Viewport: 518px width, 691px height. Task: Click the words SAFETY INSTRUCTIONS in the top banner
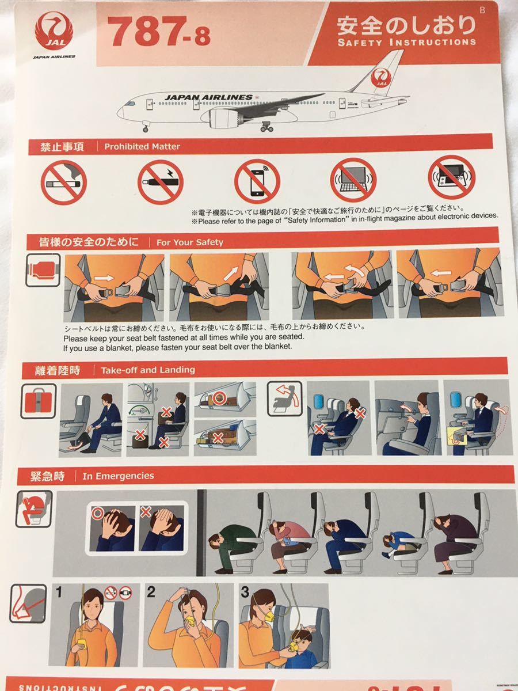[x=406, y=42]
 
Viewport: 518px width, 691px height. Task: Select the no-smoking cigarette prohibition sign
[x=63, y=183]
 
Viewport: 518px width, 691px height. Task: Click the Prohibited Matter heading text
[x=142, y=147]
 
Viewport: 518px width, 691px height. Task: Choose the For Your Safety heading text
[x=189, y=242]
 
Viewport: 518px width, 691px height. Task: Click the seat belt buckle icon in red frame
[x=43, y=269]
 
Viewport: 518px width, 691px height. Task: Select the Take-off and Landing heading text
[x=148, y=370]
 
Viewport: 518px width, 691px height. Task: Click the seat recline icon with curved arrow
[x=286, y=398]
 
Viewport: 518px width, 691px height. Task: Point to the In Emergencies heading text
[x=118, y=476]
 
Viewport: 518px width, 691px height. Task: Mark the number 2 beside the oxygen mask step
[x=151, y=591]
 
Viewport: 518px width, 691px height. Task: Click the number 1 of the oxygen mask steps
[x=58, y=591]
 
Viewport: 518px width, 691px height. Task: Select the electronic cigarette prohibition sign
[x=160, y=181]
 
